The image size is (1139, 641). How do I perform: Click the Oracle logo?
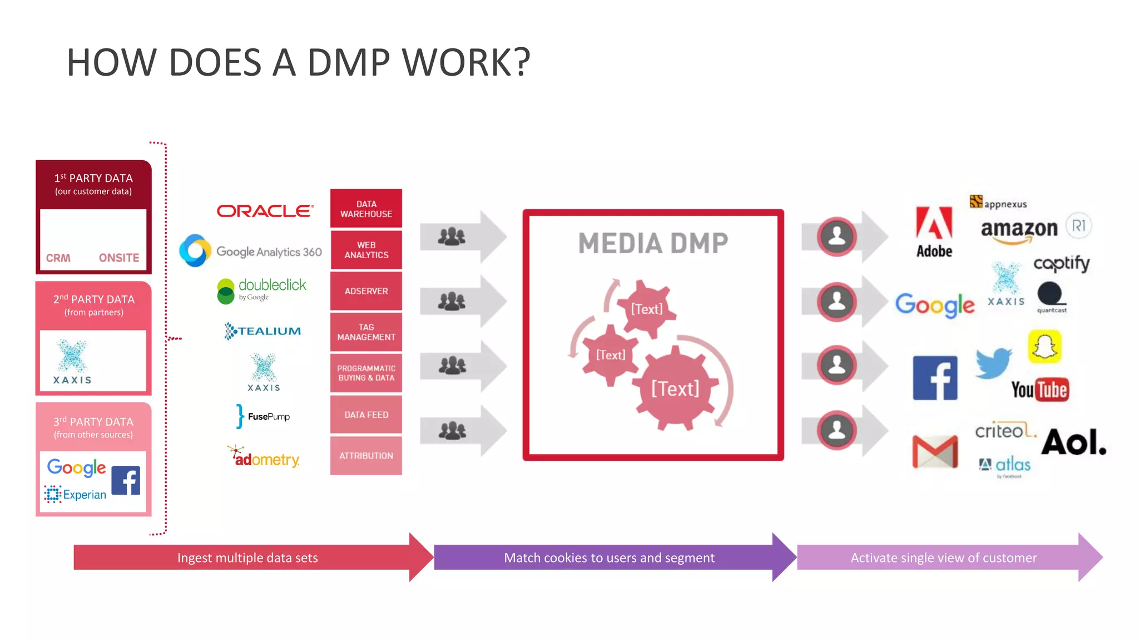[x=265, y=211]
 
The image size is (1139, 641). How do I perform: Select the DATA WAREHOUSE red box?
[x=366, y=209]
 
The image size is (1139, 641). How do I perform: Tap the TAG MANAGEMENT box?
[x=366, y=332]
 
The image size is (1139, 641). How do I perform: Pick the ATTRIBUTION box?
[x=366, y=456]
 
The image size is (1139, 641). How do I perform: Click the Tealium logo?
[x=263, y=331]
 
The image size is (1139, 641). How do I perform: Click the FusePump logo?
[x=263, y=416]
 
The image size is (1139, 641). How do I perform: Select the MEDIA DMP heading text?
[x=653, y=244]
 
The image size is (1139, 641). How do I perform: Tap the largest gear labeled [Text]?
[x=675, y=388]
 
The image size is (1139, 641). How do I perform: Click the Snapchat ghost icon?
[x=1044, y=347]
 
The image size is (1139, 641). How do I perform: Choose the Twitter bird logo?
[x=993, y=363]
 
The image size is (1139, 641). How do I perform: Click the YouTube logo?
[x=1039, y=390]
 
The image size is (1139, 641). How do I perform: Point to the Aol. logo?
[x=1073, y=442]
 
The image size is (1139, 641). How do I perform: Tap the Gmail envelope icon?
[x=935, y=451]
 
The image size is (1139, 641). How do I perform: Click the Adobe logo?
[x=934, y=231]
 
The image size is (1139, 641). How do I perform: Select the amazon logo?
[x=1019, y=229]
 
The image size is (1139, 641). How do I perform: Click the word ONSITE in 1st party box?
[x=119, y=258]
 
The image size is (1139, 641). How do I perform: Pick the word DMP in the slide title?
[x=349, y=62]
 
